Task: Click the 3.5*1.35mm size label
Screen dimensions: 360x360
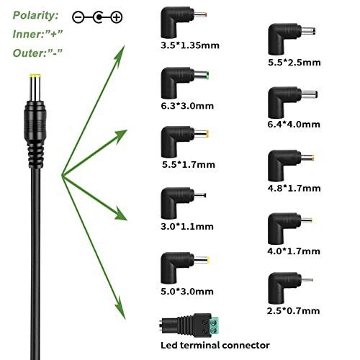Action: [190, 45]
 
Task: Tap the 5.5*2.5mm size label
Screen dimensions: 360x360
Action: [294, 63]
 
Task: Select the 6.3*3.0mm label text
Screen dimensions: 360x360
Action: [187, 106]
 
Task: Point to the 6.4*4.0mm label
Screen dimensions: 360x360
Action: [294, 125]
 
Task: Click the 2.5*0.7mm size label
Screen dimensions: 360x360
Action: [293, 311]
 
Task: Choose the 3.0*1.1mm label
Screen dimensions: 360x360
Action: [187, 226]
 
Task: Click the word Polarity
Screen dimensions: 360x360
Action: [35, 16]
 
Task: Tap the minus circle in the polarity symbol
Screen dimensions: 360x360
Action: [78, 17]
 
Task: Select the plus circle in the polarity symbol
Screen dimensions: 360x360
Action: [117, 17]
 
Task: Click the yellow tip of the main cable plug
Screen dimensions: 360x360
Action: [35, 76]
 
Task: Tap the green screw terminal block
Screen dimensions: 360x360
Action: [214, 326]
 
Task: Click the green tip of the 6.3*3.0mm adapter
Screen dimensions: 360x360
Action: [207, 76]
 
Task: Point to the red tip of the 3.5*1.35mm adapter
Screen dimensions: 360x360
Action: [205, 15]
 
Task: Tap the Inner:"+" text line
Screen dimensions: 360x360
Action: [37, 35]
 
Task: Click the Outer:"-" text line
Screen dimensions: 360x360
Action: [37, 53]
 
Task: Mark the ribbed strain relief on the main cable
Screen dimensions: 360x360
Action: [35, 156]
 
